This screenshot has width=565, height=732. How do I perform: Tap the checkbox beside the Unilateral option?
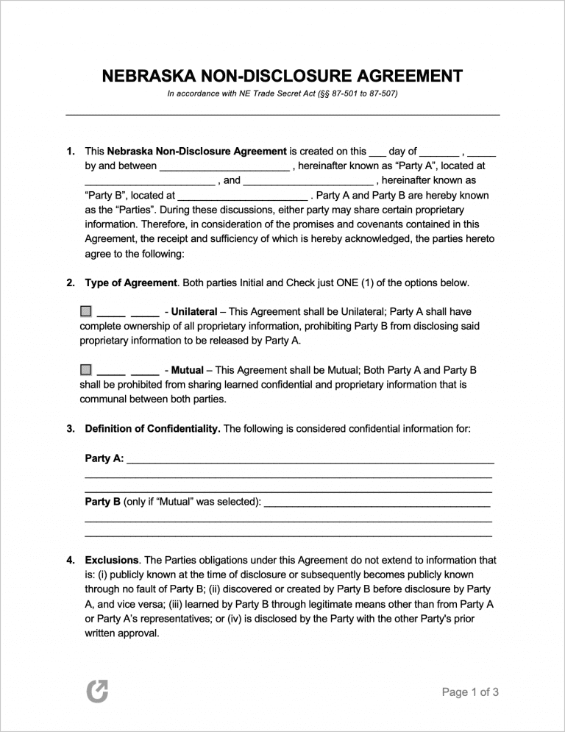86,311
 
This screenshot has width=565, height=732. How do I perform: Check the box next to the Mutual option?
86,369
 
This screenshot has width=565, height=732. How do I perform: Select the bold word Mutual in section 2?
188,370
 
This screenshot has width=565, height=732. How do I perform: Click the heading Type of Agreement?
131,283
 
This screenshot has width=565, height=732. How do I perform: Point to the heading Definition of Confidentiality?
152,428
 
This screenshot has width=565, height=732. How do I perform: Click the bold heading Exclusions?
112,560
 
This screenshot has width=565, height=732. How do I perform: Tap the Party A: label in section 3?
104,458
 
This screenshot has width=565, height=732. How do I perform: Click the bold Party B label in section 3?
103,502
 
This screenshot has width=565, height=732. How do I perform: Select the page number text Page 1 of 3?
470,692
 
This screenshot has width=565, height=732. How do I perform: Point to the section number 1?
71,151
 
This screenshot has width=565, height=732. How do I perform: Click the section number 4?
71,560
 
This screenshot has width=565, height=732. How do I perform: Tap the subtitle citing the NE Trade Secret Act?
282,94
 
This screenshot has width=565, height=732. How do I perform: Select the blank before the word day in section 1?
377,153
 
